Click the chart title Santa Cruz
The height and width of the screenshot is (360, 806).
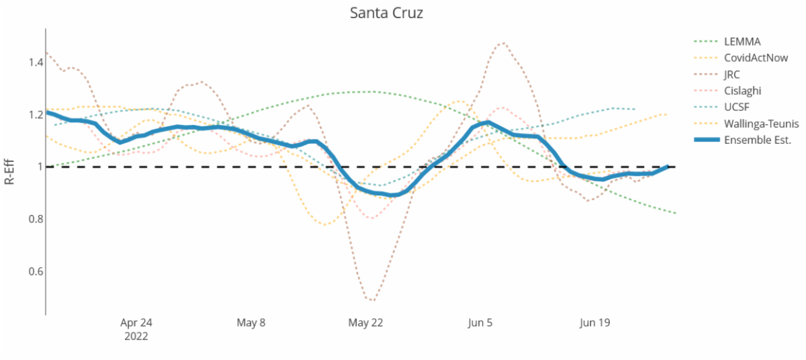coord(386,13)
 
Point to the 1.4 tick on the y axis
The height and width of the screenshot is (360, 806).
coord(35,62)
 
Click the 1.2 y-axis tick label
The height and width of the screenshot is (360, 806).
coord(35,115)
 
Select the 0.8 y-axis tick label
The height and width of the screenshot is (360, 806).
coord(35,219)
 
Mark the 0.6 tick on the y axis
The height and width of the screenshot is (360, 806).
coord(35,271)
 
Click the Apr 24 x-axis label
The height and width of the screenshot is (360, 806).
coord(136,323)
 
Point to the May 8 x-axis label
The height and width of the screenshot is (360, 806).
coord(251,323)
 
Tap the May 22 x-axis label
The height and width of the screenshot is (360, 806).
coord(365,323)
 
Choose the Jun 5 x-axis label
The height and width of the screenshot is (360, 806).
coord(480,323)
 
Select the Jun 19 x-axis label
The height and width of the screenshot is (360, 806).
coord(594,323)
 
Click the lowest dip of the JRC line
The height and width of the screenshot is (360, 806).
coord(371,300)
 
